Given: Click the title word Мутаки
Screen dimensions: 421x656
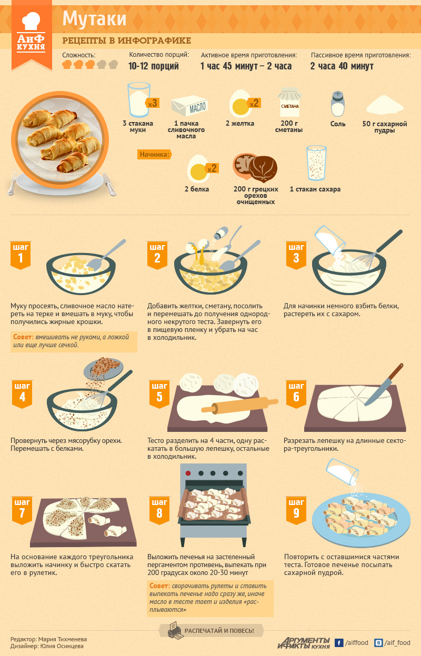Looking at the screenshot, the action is point(94,19).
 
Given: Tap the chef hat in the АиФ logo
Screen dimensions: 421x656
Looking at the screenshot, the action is point(31,21).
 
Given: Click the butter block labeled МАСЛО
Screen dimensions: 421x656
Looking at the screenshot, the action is point(189,106).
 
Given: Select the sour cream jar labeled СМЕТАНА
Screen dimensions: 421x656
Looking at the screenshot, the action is point(290,103).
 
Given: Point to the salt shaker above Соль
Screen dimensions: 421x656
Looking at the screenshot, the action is point(337,104).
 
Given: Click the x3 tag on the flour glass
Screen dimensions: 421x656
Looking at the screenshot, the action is point(152,103).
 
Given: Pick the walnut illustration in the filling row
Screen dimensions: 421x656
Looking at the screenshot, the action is point(255,167).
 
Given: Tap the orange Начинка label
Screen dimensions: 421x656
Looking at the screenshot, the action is point(154,154).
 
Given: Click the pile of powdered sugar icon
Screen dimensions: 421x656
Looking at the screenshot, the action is point(385,105).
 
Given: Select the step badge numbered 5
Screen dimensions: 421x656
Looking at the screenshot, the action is point(159,393).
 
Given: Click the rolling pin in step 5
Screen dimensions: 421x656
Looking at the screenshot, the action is point(239,405).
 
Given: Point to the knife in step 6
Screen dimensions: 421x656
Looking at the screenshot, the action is point(384,384).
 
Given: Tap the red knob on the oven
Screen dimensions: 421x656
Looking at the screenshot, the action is point(188,473).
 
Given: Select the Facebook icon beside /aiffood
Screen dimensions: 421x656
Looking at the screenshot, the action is point(339,643).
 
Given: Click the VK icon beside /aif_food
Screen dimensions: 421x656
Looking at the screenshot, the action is point(378,643).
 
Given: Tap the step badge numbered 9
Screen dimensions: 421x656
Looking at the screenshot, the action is point(296,510).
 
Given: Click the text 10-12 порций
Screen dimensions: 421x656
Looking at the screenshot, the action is point(154,66).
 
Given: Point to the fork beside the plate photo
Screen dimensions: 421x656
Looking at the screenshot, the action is point(12,183).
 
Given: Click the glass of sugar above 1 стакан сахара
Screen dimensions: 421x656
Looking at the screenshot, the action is point(316,163).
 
